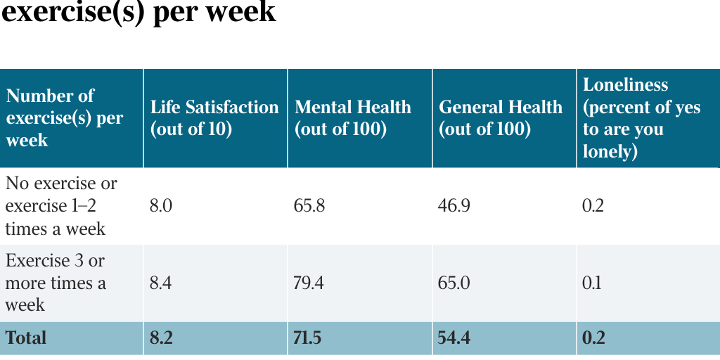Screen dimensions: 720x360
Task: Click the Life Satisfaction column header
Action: pos(214,118)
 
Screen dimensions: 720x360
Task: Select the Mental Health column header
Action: pos(353,118)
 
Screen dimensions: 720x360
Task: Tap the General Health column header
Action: pos(501,118)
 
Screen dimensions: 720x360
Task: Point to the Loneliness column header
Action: pos(641,118)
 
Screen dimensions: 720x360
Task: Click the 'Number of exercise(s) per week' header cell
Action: pos(64,118)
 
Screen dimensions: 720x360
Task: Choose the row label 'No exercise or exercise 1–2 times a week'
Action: pos(61,206)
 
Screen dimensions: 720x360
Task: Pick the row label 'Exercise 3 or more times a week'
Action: pos(56,283)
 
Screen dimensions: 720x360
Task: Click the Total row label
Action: pos(26,338)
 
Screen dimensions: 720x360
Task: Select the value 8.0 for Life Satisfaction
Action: pos(161,206)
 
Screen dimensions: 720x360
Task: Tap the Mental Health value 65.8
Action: pos(309,206)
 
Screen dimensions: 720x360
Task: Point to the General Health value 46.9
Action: pos(454,206)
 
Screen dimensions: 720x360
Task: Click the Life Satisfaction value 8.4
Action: pos(161,283)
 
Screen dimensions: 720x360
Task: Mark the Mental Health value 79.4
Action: pos(309,283)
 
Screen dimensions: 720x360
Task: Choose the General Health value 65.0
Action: pos(454,283)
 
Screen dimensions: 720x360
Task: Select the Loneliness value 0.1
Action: pos(592,283)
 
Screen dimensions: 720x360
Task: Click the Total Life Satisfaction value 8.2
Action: pos(161,338)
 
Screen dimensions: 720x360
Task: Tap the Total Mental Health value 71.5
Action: pos(308,338)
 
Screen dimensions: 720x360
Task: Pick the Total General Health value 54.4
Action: pos(454,338)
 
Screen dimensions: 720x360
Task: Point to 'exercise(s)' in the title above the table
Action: pos(73,12)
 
